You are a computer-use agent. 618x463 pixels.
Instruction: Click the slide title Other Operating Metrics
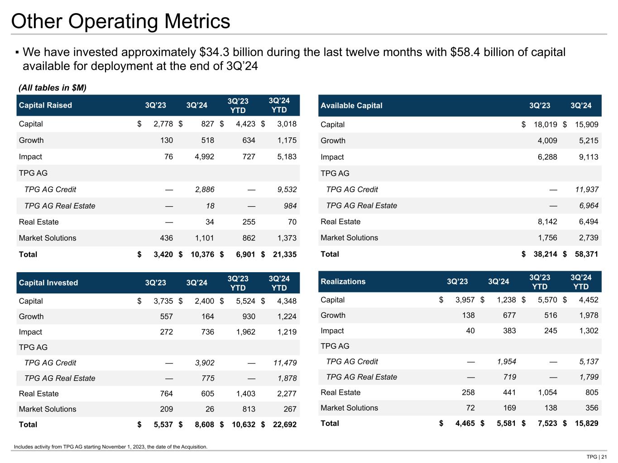pyautogui.click(x=120, y=22)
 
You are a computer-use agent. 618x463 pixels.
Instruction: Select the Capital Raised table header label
pyautogui.click(x=45, y=105)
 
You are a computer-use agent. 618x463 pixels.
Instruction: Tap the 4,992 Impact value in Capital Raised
pyautogui.click(x=201, y=157)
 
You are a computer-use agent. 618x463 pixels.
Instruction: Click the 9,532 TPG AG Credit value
pyautogui.click(x=287, y=189)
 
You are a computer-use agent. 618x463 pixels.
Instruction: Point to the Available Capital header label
pyautogui.click(x=351, y=105)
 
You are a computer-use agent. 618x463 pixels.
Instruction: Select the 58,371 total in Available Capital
pyautogui.click(x=585, y=254)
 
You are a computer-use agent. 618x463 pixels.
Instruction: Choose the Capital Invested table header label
pyautogui.click(x=48, y=283)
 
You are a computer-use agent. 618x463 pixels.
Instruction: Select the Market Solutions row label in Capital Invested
pyautogui.click(x=48, y=409)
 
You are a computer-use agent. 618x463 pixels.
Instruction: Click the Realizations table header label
pyautogui.click(x=343, y=282)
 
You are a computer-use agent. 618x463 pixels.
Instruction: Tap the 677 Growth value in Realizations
pyautogui.click(x=509, y=316)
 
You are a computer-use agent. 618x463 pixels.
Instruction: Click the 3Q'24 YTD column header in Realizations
pyautogui.click(x=581, y=282)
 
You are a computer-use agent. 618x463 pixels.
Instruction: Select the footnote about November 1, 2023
pyautogui.click(x=110, y=447)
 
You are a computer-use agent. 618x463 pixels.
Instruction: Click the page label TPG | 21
pyautogui.click(x=597, y=457)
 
